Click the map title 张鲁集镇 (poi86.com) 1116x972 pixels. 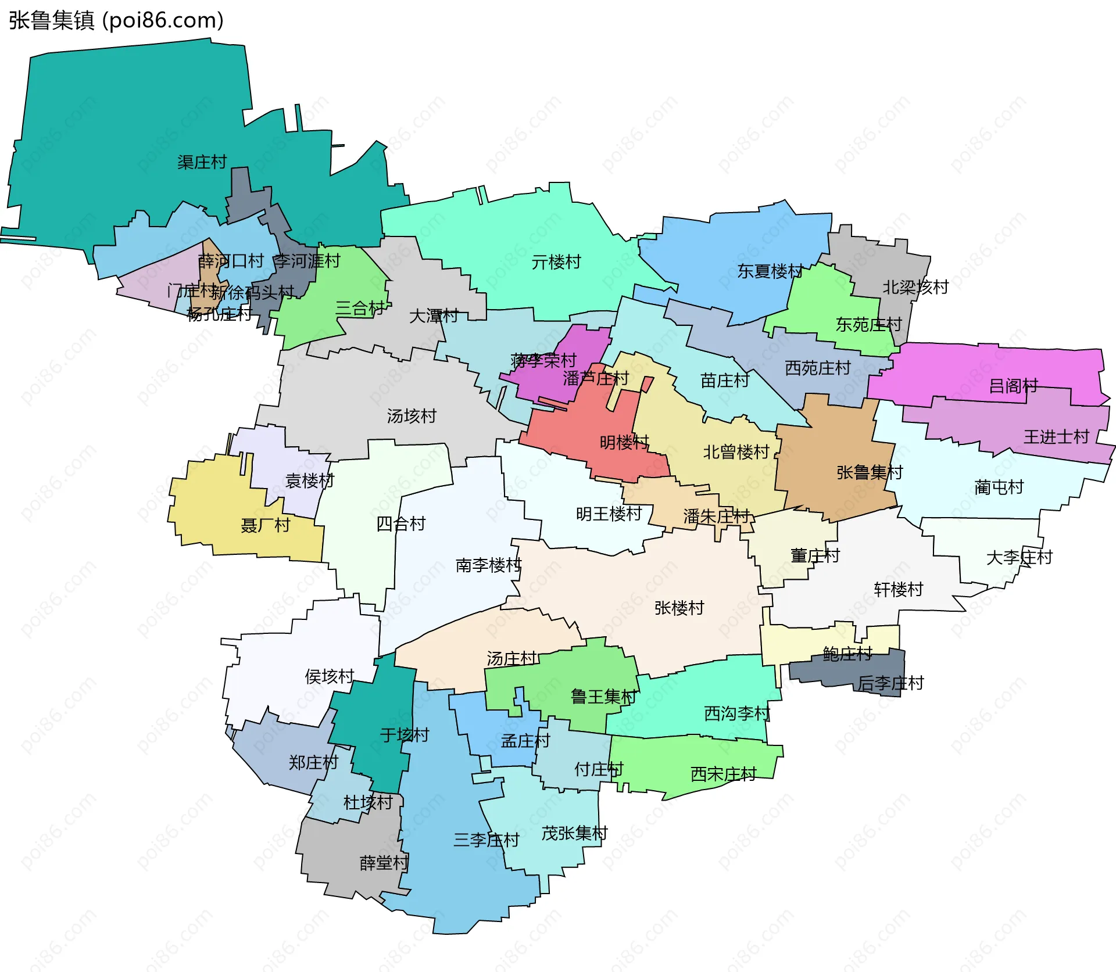point(116,20)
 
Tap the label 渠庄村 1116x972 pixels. point(202,162)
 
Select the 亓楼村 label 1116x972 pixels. point(556,263)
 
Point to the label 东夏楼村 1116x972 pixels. point(770,271)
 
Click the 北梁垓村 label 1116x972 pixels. point(915,287)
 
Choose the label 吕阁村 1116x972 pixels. point(1013,386)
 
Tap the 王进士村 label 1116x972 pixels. point(1056,437)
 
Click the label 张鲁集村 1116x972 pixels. point(870,472)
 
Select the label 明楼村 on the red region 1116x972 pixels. point(624,443)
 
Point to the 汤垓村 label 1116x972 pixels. point(412,416)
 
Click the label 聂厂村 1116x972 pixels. point(266,526)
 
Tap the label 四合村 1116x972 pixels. point(401,524)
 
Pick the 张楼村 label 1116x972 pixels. point(679,608)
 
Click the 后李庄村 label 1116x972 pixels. point(890,683)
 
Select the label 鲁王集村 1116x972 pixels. point(604,697)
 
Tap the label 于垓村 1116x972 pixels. point(405,735)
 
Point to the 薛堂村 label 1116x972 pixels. point(384,863)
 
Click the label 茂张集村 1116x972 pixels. point(574,834)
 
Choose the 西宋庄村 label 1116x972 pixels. point(723,774)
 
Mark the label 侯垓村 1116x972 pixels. point(330,676)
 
